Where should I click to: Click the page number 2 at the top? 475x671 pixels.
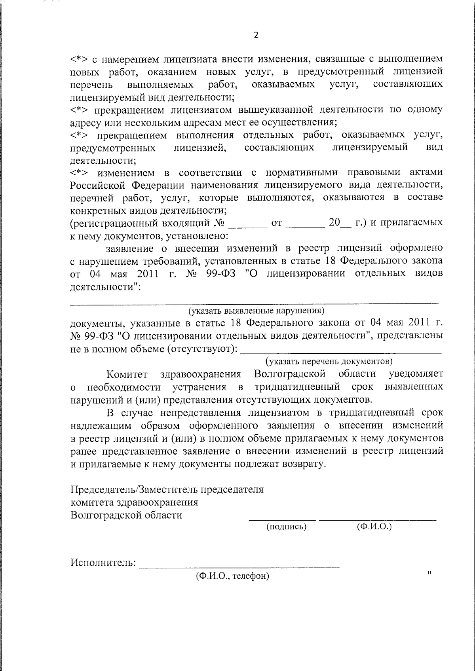[256, 35]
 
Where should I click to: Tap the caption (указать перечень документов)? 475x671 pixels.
[329, 361]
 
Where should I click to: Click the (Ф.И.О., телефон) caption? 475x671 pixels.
[232, 576]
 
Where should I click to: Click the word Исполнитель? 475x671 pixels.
[103, 563]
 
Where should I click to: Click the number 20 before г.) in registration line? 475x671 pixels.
[334, 223]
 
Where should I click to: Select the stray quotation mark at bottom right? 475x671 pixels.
[429, 572]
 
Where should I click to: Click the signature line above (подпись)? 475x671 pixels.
[283, 519]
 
